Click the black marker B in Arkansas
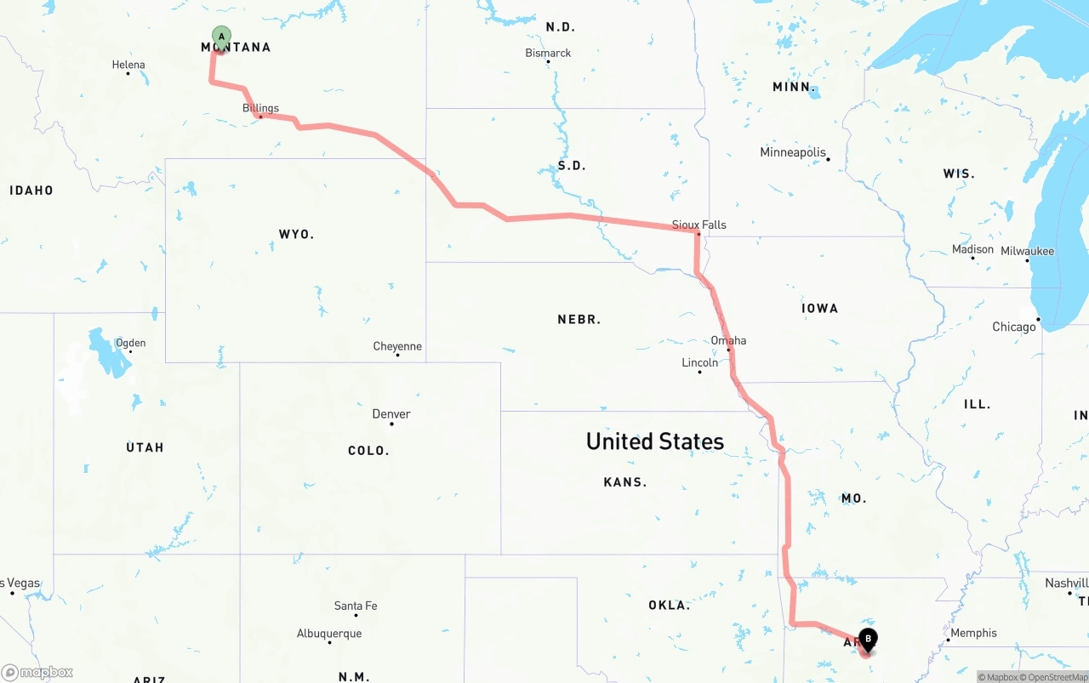coord(868,639)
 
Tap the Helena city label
coord(128,65)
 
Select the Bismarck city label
coord(548,53)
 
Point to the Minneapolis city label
coord(793,152)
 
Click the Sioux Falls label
coord(699,225)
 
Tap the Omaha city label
coord(728,341)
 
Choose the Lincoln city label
coord(699,362)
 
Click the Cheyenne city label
coord(397,346)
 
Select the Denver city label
coord(391,414)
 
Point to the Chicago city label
coord(1014,327)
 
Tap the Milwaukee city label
coord(1027,251)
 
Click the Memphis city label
coord(973,633)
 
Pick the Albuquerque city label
coord(329,634)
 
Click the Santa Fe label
coord(356,606)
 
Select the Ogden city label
coord(131,343)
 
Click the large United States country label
coord(655,441)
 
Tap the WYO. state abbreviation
coord(296,234)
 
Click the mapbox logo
coord(37,673)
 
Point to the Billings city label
coord(260,108)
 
